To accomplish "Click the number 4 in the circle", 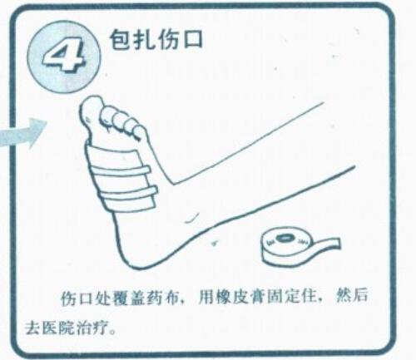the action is pyautogui.click(x=64, y=57).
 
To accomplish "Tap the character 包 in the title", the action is pyautogui.click(x=120, y=40).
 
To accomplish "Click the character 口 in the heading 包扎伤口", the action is pyautogui.click(x=191, y=40).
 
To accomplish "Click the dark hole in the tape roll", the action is pyautogui.click(x=283, y=238).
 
